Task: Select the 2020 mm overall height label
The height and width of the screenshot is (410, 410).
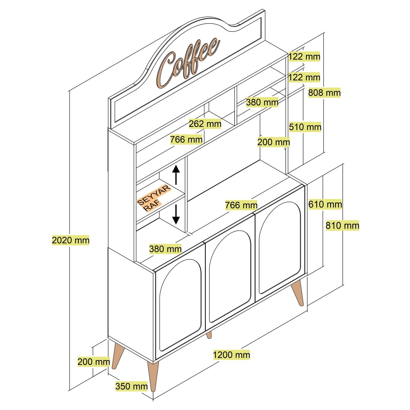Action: pos(71,240)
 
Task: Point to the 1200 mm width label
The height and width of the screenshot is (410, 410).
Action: pos(231,355)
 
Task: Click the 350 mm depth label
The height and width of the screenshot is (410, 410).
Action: pos(131,386)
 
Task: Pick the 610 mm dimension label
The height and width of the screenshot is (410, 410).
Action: pos(325,204)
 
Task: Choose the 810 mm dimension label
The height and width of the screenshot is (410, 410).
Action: pos(342,225)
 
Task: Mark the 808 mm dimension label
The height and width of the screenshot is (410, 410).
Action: pos(324,93)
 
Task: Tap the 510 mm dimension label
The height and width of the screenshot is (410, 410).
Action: pos(305,127)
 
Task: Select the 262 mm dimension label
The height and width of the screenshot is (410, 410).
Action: pos(205,124)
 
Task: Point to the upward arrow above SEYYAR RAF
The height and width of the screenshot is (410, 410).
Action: pos(176,174)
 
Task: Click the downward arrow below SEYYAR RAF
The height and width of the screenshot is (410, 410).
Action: pos(176,215)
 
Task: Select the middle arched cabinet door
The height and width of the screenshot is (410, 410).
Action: pos(230,276)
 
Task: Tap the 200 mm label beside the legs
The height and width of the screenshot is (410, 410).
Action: pos(93,362)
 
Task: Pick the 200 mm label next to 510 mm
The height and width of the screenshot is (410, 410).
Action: pos(273,142)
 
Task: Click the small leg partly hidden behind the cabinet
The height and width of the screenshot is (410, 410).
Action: pos(209,335)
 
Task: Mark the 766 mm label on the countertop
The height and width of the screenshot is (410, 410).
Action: pos(241,205)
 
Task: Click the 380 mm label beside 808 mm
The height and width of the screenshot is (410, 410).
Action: pos(262,102)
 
